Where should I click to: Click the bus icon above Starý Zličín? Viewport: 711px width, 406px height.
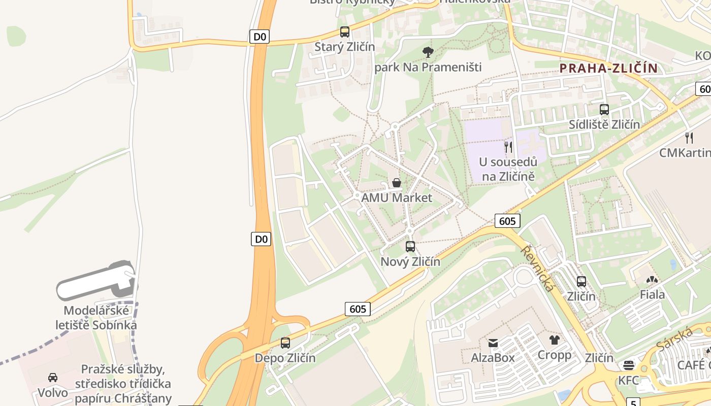345,32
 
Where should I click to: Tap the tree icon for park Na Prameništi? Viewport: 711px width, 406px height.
428,51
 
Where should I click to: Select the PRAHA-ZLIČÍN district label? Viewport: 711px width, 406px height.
608,68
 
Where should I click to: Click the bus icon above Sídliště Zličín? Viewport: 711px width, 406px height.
604,110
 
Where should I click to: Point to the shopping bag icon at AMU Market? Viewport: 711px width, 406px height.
397,183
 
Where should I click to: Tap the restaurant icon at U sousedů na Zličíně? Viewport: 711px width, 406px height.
508,147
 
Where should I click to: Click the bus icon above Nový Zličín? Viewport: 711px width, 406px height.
410,247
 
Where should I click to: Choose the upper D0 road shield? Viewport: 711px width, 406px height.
260,37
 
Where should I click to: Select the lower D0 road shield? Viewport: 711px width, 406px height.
261,239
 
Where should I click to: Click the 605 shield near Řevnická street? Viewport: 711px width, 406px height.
507,221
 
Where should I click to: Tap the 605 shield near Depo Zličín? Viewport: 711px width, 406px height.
358,309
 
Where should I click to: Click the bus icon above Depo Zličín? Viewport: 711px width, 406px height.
285,343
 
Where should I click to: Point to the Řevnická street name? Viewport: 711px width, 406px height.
537,268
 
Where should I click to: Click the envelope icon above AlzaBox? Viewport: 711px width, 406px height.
493,343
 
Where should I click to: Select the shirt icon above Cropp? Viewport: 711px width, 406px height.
554,340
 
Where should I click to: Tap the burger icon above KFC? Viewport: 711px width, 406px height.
629,365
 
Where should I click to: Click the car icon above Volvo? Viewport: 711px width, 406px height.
53,378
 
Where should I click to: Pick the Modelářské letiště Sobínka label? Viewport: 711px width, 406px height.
96,318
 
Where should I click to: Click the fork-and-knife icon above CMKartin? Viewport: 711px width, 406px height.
689,138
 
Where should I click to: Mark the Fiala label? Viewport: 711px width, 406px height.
652,294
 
